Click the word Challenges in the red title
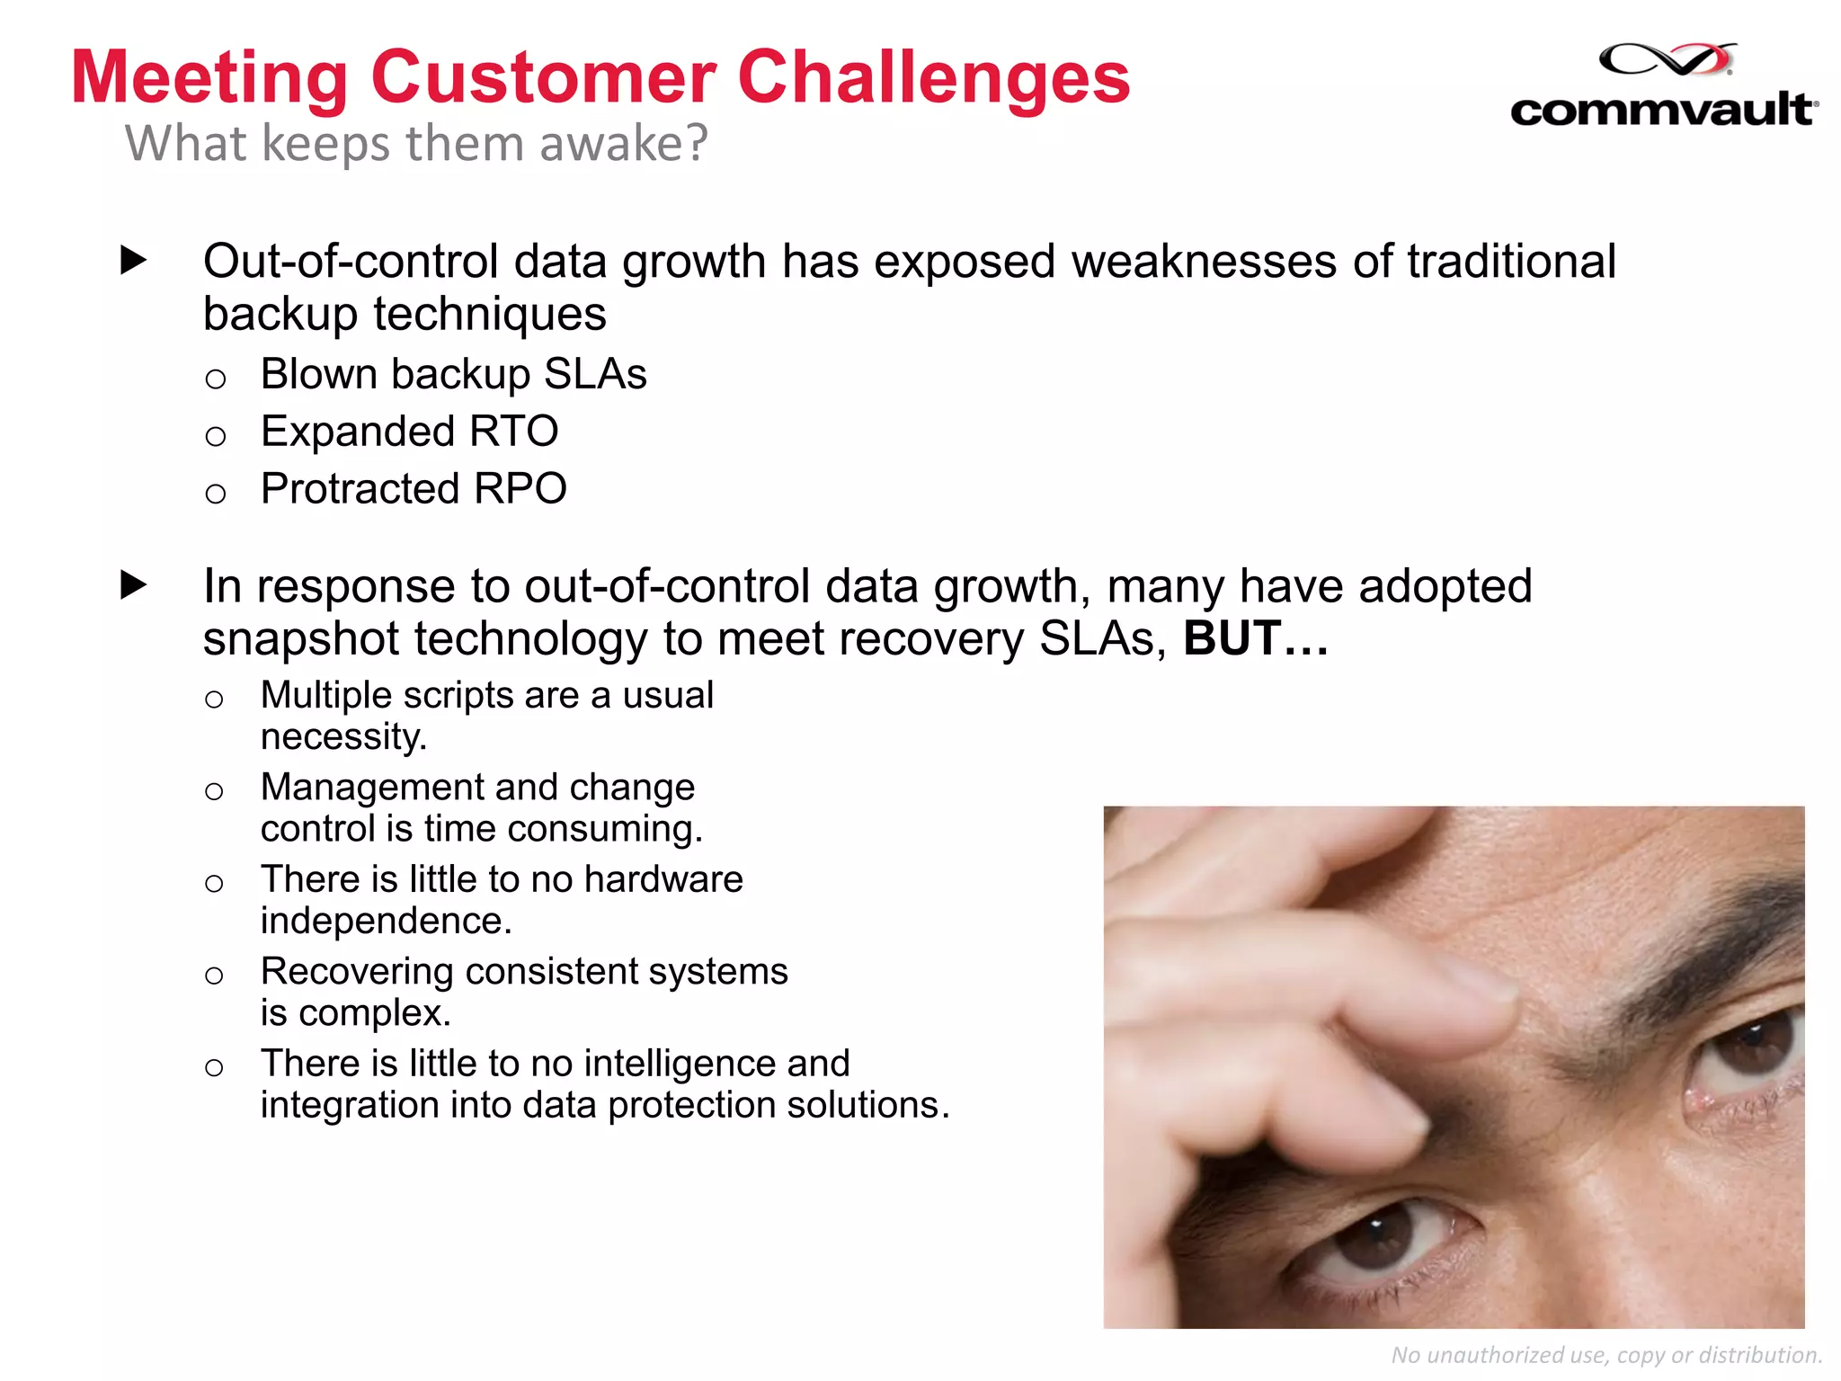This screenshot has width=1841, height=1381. coord(933,77)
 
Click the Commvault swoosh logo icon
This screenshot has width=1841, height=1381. coord(1668,61)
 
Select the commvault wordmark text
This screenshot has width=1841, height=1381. coord(1663,111)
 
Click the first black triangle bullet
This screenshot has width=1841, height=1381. coord(133,261)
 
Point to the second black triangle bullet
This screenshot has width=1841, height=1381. coord(133,585)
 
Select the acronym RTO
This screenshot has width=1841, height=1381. coord(513,432)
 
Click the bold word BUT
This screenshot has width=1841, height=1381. coord(1232,638)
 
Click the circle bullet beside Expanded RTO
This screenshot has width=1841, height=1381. coord(215,436)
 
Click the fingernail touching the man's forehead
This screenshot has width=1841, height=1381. coord(1474,985)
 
